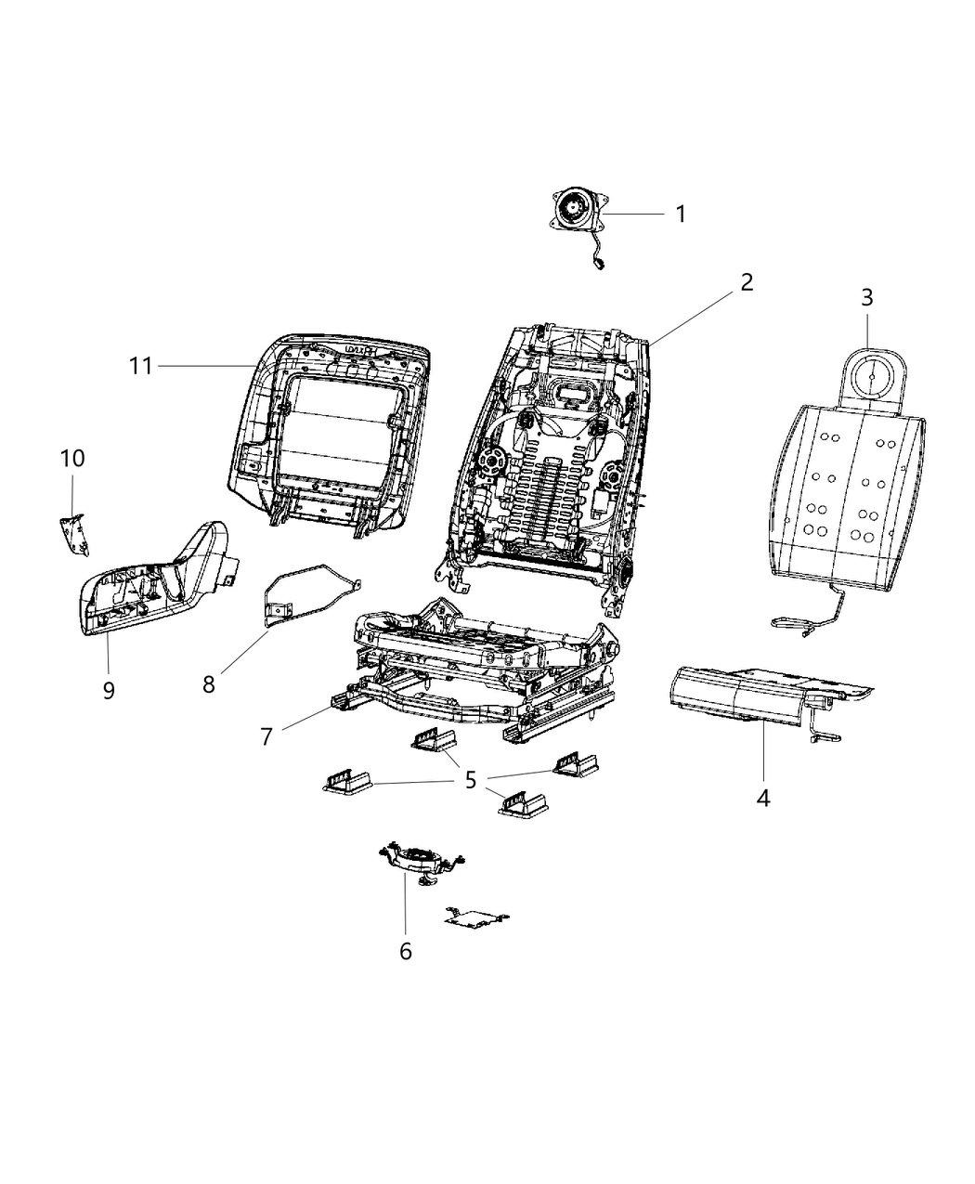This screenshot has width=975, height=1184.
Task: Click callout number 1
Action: (x=681, y=215)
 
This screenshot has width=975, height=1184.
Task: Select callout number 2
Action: (x=746, y=282)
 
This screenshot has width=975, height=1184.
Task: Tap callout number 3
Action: (x=866, y=298)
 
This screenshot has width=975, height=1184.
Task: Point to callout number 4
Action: (x=762, y=797)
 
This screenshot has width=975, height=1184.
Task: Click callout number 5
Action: (x=471, y=780)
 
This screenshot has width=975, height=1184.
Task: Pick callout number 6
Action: (x=405, y=951)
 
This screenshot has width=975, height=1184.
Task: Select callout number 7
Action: (x=266, y=736)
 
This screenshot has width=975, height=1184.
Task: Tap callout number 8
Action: (x=209, y=684)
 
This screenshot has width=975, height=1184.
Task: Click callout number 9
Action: (x=109, y=690)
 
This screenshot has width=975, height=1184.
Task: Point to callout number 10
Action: (x=72, y=458)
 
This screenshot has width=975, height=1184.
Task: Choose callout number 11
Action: (x=140, y=366)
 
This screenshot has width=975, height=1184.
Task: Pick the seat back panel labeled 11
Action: (x=330, y=432)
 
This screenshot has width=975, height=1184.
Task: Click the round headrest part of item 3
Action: (x=874, y=377)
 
